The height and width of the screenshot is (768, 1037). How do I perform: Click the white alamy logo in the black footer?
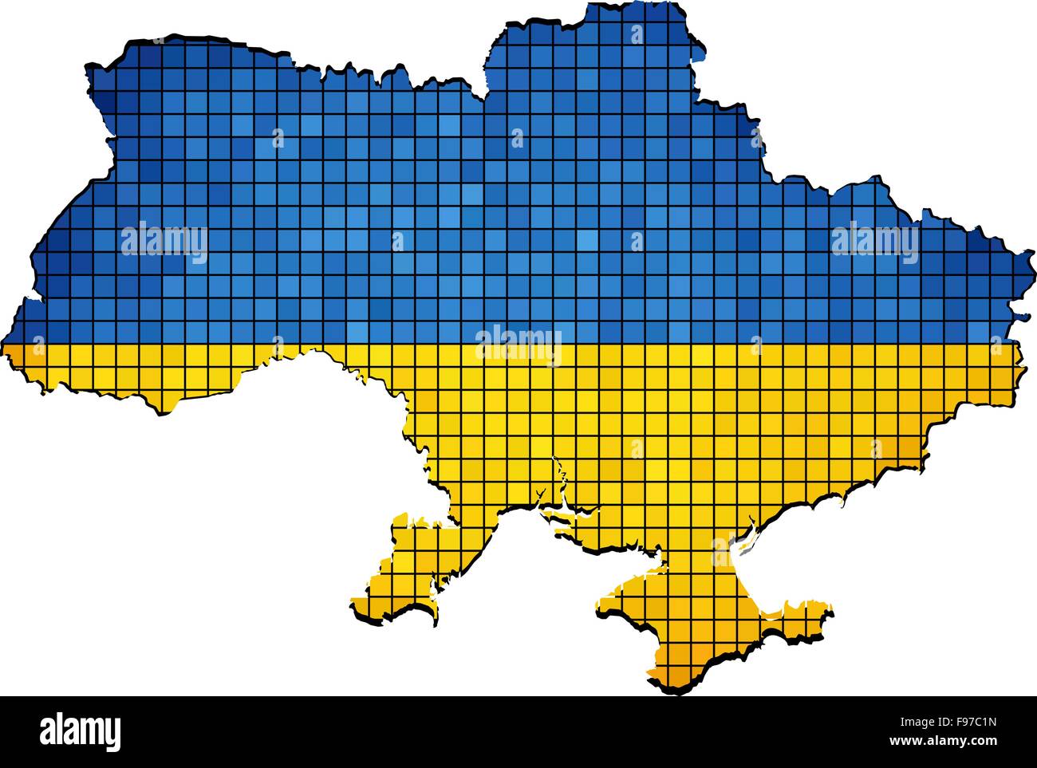[81, 731]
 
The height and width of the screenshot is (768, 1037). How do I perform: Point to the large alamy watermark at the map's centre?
[518, 345]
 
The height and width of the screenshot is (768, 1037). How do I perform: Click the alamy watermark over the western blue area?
[164, 242]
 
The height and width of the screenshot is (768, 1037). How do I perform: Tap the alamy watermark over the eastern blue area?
[874, 239]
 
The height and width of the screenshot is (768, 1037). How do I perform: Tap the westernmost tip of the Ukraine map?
[6, 351]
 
